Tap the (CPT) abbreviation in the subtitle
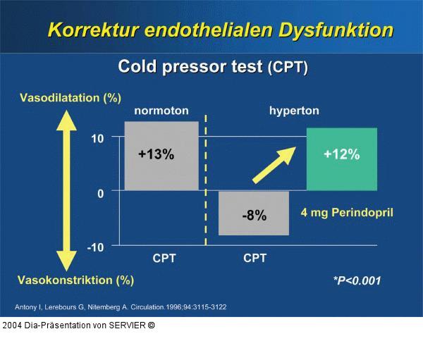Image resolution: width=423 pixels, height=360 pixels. click(288, 68)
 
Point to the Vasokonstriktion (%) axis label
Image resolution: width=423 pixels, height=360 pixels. click(75, 280)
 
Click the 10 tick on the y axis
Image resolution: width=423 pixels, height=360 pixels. click(97, 139)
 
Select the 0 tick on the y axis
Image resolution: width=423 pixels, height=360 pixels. click(100, 192)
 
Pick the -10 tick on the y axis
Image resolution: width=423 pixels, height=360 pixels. click(95, 247)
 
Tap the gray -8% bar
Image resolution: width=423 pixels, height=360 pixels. click(254, 213)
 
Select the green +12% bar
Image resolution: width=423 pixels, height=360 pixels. click(342, 159)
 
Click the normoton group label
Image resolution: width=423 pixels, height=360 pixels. click(161, 111)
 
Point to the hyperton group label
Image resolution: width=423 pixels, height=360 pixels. click(294, 111)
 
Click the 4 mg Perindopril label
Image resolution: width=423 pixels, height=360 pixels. click(347, 212)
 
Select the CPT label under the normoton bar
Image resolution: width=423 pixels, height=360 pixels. click(164, 259)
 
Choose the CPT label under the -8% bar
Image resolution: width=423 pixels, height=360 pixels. click(255, 259)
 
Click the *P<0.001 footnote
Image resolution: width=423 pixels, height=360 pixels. click(357, 280)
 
